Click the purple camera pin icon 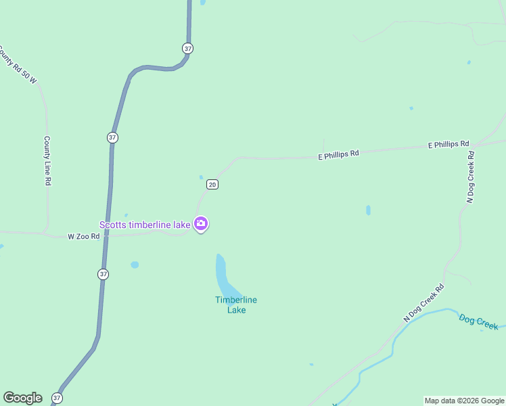[201, 223]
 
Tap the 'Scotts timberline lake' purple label [145, 225]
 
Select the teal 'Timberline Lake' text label [236, 305]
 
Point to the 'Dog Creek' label [478, 321]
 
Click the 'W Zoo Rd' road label [84, 237]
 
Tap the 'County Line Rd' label [47, 161]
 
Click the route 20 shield [212, 184]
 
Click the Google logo [22, 398]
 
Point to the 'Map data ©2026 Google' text [464, 401]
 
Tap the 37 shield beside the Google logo [57, 399]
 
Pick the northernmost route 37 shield [187, 48]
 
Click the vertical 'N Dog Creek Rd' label [471, 177]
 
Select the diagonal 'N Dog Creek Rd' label [423, 302]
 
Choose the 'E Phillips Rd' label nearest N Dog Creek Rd [448, 144]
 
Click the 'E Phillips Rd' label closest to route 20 [338, 154]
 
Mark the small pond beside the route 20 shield [201, 178]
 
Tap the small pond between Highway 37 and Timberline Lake [135, 265]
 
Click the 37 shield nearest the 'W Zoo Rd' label [103, 274]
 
